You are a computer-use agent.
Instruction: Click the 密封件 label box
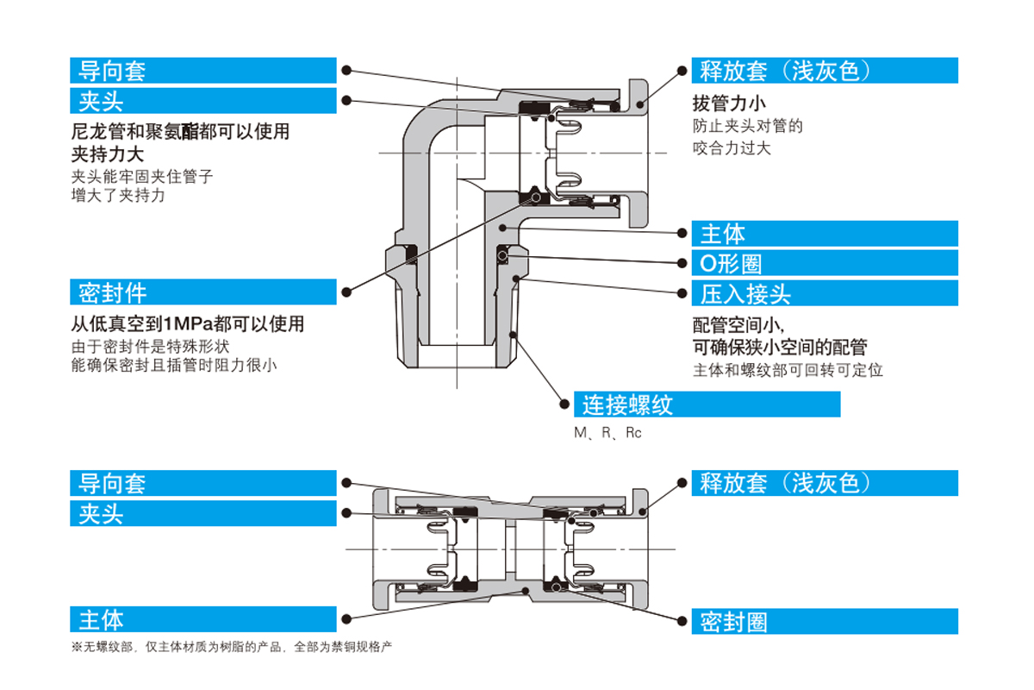(x=202, y=292)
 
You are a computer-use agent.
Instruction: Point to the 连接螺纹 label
(x=707, y=405)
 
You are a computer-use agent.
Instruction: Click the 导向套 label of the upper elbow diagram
(x=202, y=71)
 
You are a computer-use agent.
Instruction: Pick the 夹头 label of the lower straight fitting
(x=202, y=514)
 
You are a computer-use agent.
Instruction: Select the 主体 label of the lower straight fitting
(x=202, y=619)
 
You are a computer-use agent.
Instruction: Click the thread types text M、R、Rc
(x=607, y=433)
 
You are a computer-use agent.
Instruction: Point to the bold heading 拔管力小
(x=729, y=103)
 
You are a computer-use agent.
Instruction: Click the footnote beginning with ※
(x=237, y=646)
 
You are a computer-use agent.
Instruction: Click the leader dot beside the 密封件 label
(x=346, y=292)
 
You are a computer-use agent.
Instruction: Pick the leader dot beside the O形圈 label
(x=682, y=263)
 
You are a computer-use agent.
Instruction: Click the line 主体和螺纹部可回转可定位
(x=788, y=370)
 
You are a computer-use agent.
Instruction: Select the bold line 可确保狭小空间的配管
(x=780, y=347)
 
